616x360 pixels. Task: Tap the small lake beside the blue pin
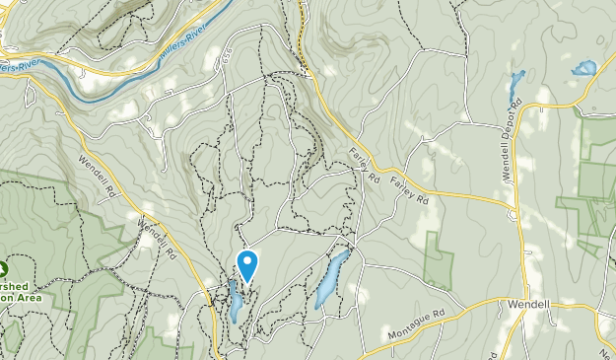coord(235,301)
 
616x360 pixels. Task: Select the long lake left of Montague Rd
coord(330,278)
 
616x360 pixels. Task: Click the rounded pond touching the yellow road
coord(583,69)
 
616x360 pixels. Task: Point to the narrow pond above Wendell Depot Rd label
coord(514,84)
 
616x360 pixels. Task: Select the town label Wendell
coord(528,304)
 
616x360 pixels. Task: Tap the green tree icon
coord(4,267)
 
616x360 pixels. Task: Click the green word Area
coord(28,294)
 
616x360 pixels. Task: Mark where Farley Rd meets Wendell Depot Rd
coord(513,207)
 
